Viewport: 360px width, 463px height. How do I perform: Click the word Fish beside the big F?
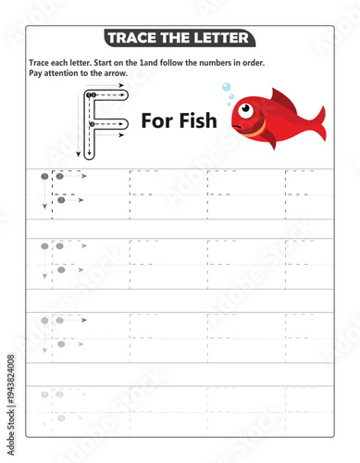pos(196,119)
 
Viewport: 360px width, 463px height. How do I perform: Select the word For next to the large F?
pos(155,119)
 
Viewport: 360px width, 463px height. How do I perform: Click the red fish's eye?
pos(246,110)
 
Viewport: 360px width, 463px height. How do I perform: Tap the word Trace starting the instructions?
pos(41,62)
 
